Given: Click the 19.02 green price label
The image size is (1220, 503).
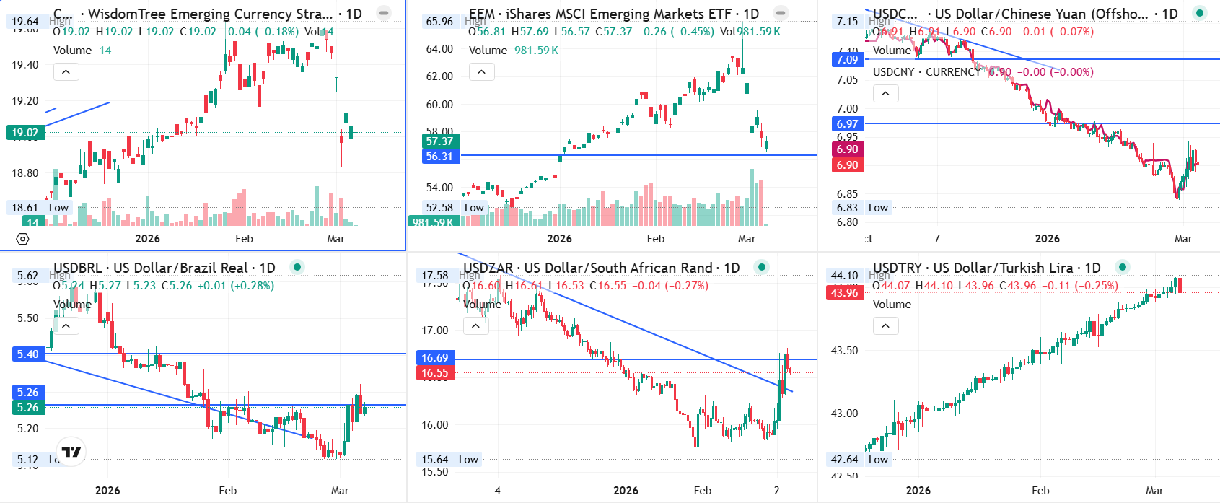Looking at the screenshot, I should coord(25,133).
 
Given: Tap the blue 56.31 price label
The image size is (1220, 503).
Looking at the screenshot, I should coord(439,157).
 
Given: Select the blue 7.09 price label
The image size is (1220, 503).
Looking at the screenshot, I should coord(847,60).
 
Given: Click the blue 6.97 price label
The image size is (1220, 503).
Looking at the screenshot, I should coord(847,124).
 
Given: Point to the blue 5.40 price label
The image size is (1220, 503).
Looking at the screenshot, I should coord(27,354).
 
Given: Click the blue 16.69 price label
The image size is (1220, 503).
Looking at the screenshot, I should coord(434,358).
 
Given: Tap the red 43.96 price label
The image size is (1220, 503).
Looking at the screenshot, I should coord(844,292).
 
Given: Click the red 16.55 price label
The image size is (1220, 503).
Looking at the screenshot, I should coord(434,373).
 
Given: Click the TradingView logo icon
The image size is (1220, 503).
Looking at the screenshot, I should coord(71,452).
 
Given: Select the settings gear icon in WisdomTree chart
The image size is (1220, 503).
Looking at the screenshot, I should coord(22,239).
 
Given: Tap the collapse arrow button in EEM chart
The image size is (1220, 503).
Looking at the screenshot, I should coord(481,71).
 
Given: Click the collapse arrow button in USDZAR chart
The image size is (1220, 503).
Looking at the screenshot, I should coord(475,326).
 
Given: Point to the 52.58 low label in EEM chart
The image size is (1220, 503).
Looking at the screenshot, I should coord(439,208).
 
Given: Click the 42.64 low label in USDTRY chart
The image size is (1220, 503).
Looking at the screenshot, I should coord(844,460).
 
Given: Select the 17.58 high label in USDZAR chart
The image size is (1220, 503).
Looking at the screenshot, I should coord(434,276).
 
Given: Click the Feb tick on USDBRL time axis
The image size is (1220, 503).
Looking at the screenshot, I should coord(227,491).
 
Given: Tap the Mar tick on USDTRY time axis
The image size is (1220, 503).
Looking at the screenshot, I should coord(1154,491).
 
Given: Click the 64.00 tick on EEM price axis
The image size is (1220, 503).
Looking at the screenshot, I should coord(439,49).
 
